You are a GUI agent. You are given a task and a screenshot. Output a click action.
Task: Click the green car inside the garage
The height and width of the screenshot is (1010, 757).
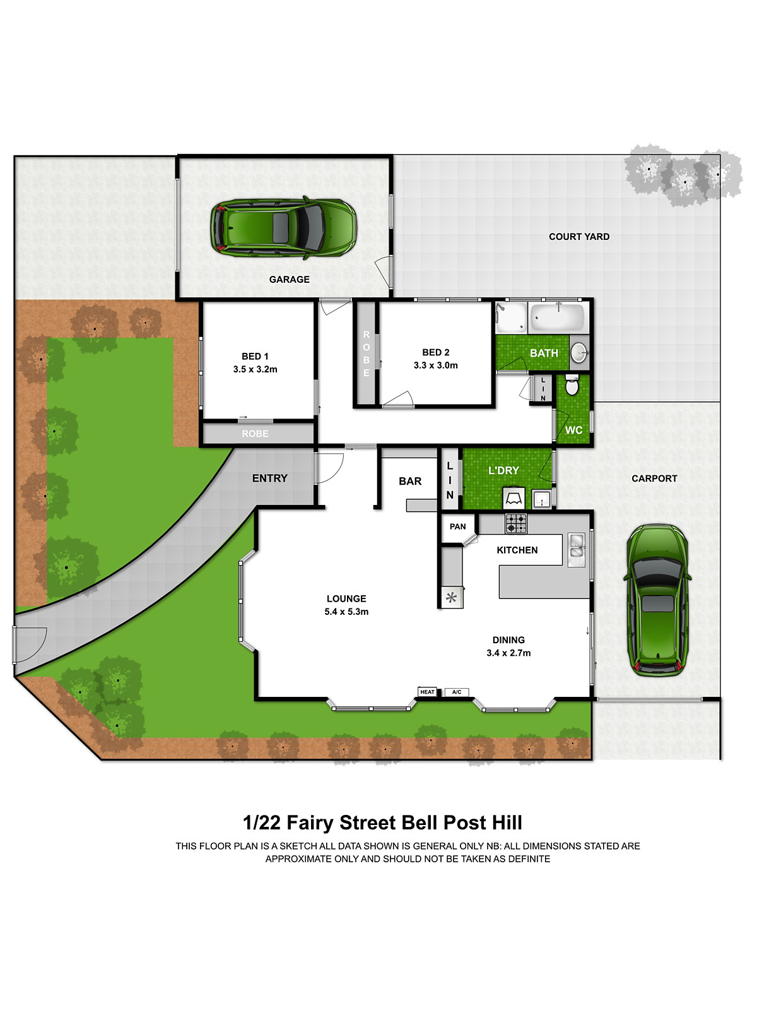(x=283, y=228)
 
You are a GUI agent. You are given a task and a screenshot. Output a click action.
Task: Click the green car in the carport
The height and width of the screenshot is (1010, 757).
(x=657, y=600)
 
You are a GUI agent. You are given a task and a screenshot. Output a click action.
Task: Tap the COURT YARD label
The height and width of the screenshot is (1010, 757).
(x=578, y=237)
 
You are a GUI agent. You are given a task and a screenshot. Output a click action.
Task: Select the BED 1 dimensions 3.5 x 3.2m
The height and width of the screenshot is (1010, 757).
(x=255, y=369)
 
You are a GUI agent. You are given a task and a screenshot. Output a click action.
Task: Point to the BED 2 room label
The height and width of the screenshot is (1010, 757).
(x=436, y=352)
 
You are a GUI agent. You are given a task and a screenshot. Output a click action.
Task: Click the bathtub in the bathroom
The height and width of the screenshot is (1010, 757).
(x=556, y=318)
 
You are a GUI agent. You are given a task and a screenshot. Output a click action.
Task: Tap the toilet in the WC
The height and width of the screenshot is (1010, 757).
(x=572, y=384)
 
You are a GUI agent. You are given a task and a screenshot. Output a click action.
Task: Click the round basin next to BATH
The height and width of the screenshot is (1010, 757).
(x=579, y=353)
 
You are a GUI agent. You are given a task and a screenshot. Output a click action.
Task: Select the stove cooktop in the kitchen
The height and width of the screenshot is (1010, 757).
(x=515, y=523)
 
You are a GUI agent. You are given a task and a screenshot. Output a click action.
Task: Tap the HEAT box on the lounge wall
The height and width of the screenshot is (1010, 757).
(x=428, y=692)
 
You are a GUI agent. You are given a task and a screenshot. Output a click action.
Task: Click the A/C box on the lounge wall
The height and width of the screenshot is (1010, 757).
(x=457, y=692)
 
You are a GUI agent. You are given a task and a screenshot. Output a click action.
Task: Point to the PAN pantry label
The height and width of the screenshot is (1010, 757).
(x=458, y=526)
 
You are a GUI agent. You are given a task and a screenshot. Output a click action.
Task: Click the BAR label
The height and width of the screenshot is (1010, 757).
(x=410, y=481)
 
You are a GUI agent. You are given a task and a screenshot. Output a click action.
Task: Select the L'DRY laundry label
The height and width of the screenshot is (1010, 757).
(x=503, y=470)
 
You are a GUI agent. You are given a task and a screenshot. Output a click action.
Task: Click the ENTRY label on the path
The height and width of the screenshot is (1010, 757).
(x=269, y=478)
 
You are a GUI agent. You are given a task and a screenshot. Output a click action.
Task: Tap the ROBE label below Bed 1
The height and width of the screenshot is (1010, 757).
(x=255, y=434)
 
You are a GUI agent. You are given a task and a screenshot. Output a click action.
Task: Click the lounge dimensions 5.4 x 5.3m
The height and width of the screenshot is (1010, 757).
(x=346, y=612)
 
